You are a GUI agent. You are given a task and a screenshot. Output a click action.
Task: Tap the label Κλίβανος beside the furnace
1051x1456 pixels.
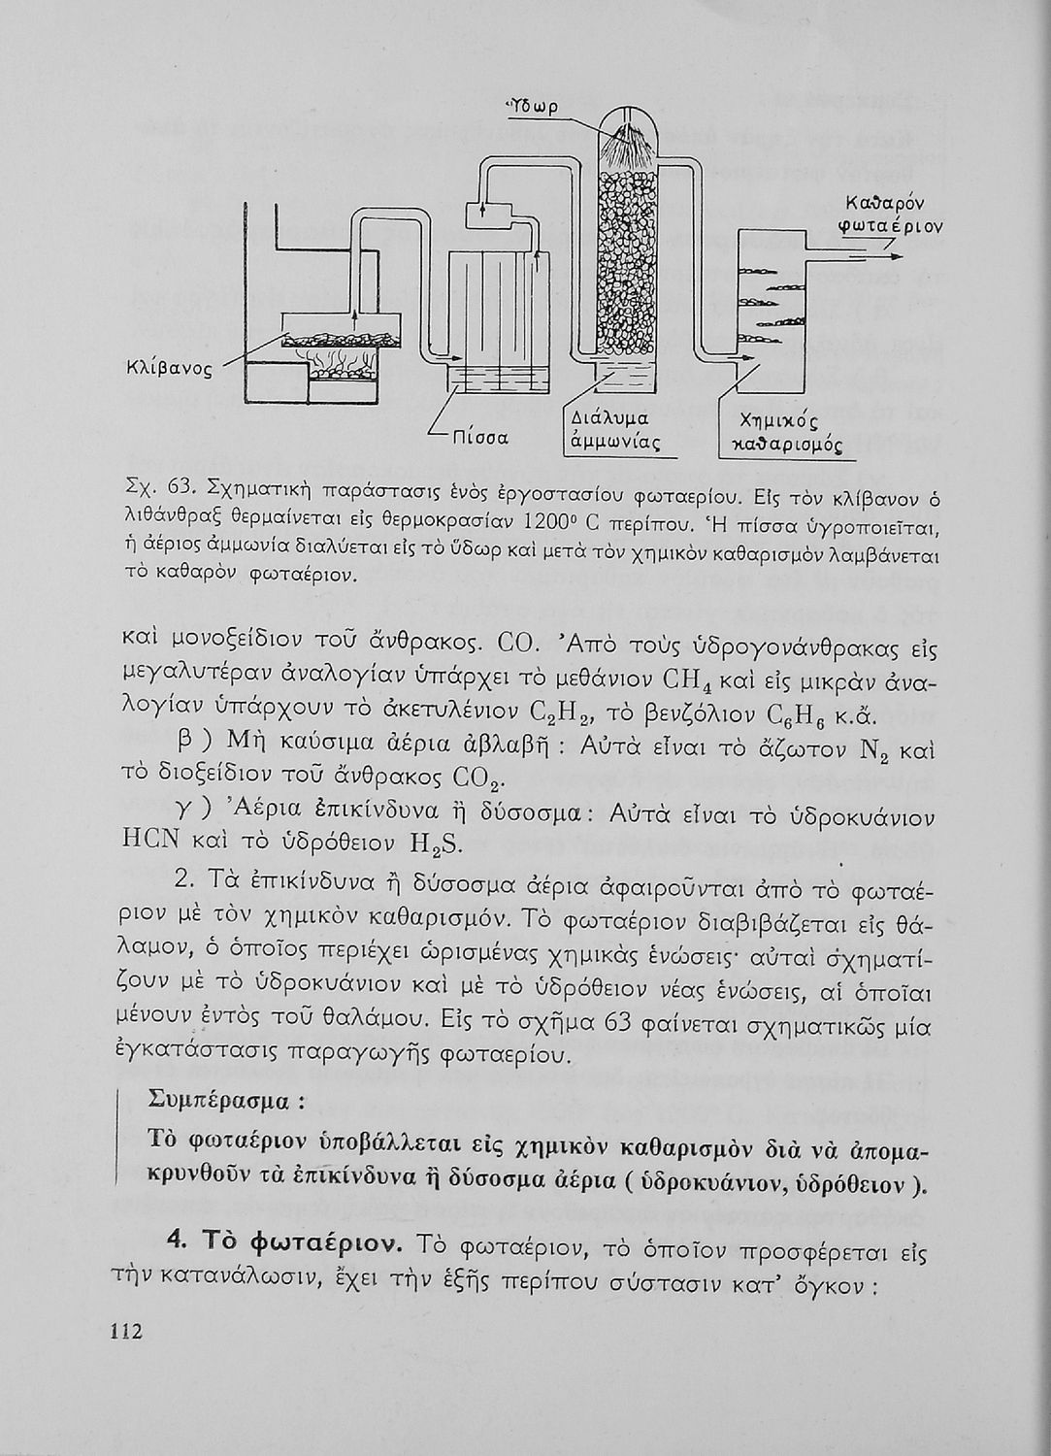coord(168,370)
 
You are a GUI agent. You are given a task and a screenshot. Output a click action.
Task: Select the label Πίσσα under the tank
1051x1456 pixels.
coord(482,438)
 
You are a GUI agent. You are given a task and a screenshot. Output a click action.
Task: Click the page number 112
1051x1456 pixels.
coord(125,1331)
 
